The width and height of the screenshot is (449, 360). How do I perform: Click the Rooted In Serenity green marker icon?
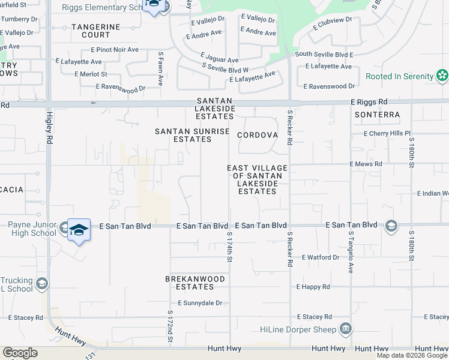[x=442, y=76]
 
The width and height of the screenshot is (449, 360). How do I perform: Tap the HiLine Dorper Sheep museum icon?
[x=346, y=328]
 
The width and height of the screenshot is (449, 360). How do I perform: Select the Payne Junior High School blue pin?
[x=79, y=231]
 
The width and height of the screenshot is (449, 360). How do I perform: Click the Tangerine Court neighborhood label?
[x=96, y=31]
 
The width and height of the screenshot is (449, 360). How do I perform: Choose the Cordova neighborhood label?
[x=258, y=135]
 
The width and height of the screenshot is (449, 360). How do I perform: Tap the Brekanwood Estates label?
[x=195, y=283]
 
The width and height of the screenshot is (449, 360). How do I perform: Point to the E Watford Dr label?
[x=321, y=257]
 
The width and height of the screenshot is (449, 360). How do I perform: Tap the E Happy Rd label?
[x=313, y=287]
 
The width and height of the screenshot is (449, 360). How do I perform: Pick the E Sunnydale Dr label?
[x=199, y=303]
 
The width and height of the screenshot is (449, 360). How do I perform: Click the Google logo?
[x=20, y=353]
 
